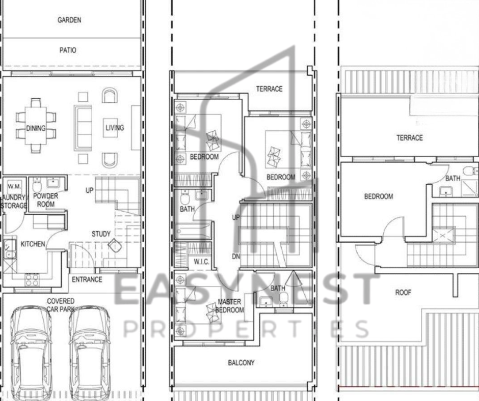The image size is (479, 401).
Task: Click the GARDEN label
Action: [69, 20]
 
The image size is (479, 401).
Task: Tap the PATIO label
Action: [68, 50]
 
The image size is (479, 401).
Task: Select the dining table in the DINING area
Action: [36, 125]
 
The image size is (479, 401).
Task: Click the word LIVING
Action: [115, 128]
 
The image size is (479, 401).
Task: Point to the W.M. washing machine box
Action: [14, 186]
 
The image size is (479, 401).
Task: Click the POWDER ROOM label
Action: [45, 200]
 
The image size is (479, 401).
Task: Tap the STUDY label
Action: [101, 234]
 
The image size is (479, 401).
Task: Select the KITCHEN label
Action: [33, 244]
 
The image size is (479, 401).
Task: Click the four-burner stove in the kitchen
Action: [32, 280]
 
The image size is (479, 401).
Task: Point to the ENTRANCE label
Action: [87, 279]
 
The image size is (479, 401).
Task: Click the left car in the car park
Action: [31, 353]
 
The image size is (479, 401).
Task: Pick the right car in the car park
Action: [90, 353]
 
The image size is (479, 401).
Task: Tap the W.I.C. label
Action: [201, 262]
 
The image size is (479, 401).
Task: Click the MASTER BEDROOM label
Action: [230, 306]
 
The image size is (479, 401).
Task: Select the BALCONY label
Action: [242, 362]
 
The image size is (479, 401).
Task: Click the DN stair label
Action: [236, 256]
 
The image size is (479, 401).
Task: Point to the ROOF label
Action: [403, 293]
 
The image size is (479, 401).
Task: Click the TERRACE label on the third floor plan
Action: [410, 138]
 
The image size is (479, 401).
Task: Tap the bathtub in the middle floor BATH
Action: [193, 231]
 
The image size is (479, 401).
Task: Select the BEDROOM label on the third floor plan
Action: [379, 196]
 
